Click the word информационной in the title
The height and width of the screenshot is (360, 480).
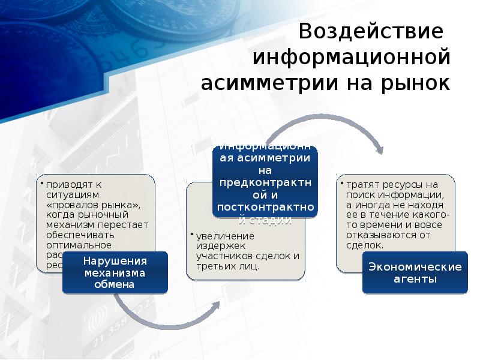coord(351,58)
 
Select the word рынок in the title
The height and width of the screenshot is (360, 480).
coord(414,83)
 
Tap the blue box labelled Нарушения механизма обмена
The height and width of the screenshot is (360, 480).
coord(114,273)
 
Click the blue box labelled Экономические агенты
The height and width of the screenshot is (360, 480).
coord(415,273)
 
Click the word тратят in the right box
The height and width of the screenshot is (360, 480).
coord(361,185)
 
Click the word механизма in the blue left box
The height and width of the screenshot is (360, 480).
coord(114,273)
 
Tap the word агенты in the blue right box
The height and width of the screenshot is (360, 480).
coord(415,279)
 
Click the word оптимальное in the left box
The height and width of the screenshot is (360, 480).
coord(77,244)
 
